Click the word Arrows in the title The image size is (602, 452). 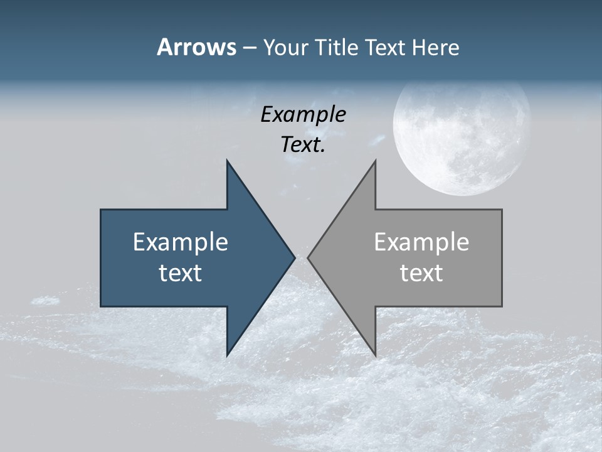[196, 47]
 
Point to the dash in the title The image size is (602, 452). [249, 48]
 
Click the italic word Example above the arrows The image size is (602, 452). [303, 114]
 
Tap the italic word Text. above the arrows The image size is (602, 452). [303, 144]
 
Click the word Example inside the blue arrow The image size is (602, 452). [181, 242]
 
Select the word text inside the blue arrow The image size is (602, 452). [181, 272]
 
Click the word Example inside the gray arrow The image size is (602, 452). [421, 242]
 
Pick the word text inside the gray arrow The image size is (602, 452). [421, 272]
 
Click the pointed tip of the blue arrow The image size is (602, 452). [295, 257]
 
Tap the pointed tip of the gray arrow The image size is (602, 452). [308, 257]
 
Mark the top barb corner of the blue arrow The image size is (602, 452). [227, 160]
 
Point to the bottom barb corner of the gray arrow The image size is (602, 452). [376, 356]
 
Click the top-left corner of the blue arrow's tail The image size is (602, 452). [101, 210]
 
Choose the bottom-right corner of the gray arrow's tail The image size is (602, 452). [502, 306]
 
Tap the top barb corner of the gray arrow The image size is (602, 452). [376, 160]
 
